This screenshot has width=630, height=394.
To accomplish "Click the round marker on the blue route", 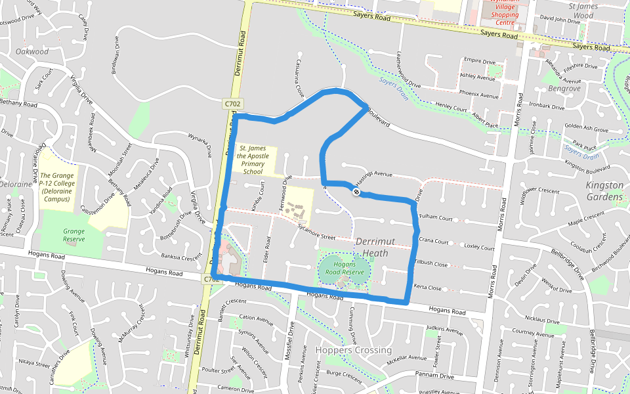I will [x=356, y=192].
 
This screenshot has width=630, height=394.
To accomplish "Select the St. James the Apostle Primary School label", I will [x=253, y=160].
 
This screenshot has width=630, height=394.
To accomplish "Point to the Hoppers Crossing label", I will [x=353, y=350].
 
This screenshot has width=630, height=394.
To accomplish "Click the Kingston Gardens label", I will [x=604, y=191].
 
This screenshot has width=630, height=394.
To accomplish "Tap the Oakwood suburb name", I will [x=32, y=51].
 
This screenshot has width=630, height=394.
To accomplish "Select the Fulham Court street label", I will [x=436, y=217].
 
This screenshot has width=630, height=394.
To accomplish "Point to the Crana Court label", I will [x=433, y=241].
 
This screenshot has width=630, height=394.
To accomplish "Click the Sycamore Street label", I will [x=316, y=233].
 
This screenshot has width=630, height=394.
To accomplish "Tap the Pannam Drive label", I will [x=434, y=376].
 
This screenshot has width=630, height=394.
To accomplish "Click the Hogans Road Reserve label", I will [x=344, y=267].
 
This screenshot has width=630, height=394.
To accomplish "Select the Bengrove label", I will [x=564, y=88].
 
